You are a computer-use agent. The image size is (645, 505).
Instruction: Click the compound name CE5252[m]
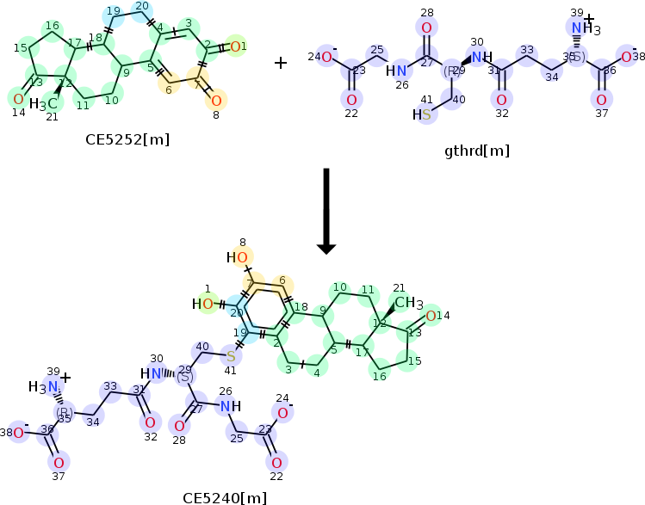tap(120, 138)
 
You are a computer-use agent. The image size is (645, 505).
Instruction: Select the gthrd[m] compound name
tap(476, 151)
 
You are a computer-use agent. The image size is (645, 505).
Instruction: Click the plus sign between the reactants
tap(281, 62)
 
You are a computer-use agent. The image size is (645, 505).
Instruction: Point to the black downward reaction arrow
tap(326, 210)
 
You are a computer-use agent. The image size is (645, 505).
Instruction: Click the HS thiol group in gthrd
tap(422, 114)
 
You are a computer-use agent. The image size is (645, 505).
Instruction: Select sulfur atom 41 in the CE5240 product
tap(231, 354)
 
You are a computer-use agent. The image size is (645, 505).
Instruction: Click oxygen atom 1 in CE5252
tap(239, 46)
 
